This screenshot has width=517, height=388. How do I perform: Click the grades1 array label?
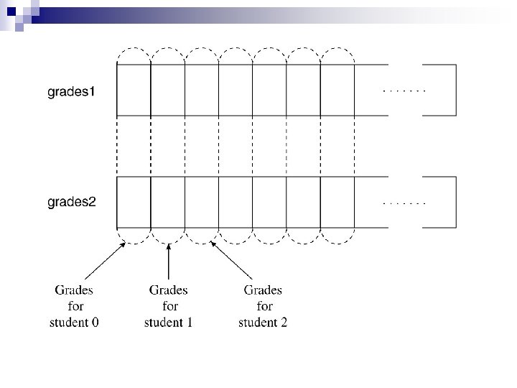71,92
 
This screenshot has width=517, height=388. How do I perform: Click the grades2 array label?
71,202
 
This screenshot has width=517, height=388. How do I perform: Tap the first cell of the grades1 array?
134,90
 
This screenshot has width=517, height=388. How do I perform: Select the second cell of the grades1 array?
168,90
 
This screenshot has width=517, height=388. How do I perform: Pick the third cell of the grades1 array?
202,90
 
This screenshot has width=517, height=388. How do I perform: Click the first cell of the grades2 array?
134,202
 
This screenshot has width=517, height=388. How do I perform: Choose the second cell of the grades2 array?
168,202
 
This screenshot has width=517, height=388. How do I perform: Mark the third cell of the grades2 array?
202,202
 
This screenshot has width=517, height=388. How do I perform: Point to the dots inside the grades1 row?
405,91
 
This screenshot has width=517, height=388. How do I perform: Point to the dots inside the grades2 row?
405,203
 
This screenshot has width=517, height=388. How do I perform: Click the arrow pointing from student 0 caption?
105,260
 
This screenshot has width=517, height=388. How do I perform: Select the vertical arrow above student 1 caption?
168,262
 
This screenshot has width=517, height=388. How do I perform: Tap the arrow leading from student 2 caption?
232,260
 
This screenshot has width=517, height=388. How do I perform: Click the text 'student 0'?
74,323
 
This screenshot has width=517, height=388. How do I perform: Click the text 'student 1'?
169,323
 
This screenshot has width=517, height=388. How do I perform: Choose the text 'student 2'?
263,323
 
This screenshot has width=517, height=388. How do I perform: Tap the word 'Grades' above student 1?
169,290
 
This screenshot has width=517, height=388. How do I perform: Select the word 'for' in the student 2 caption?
264,307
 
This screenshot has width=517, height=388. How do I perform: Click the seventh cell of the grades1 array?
337,90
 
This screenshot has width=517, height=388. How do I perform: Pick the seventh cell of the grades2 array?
337,202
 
